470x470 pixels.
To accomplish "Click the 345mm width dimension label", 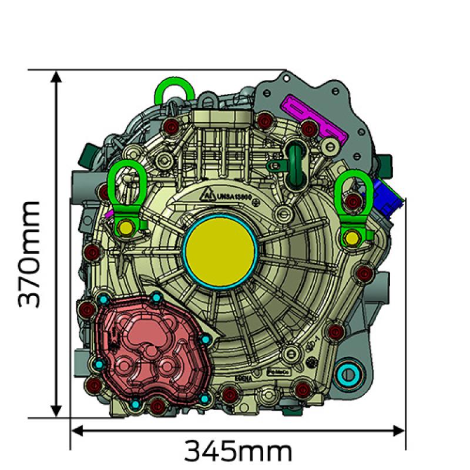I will click(238, 451).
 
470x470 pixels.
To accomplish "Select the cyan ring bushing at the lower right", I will click(350, 372).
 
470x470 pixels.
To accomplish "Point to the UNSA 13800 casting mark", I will click(235, 196).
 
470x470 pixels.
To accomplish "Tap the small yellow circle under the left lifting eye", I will click(125, 227).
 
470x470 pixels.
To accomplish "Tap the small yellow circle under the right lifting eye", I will click(351, 238).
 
